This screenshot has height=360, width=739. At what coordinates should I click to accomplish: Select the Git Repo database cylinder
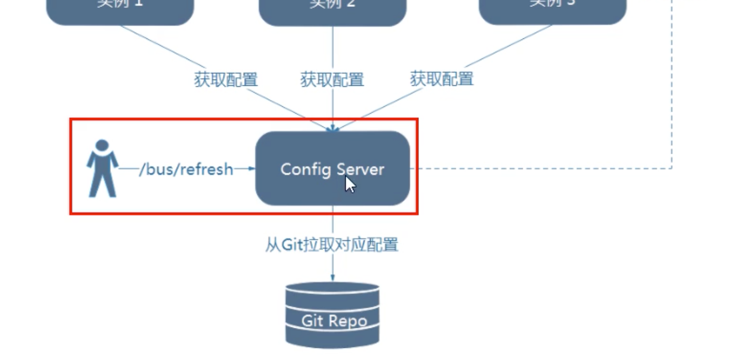(x=332, y=315)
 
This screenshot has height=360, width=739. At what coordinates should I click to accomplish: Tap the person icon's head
(x=102, y=145)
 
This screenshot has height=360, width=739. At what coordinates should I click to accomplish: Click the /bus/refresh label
(x=186, y=169)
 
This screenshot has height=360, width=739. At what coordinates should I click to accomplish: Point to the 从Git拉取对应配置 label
(x=332, y=245)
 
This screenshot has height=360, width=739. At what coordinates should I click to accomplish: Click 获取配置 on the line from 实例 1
(x=226, y=80)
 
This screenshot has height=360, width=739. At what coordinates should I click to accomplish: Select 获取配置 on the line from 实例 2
(x=332, y=80)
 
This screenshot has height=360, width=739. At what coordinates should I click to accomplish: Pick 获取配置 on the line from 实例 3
(x=442, y=79)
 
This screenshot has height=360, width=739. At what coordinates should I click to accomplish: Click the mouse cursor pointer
(x=349, y=184)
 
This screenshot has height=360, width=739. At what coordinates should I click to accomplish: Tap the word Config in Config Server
(x=300, y=169)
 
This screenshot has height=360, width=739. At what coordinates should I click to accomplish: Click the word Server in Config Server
(x=361, y=169)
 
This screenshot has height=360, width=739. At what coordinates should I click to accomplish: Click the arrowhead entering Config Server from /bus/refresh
(x=252, y=169)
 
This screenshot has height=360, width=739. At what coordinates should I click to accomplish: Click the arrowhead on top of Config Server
(x=332, y=128)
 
